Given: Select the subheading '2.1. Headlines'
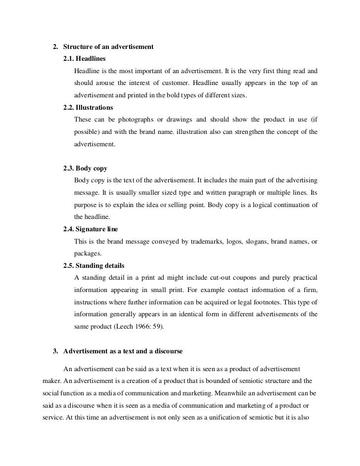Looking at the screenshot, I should (85, 59).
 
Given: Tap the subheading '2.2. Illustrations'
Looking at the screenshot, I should (88, 107).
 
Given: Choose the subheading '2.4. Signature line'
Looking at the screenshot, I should (90, 229).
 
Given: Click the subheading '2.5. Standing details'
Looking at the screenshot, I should (94, 265).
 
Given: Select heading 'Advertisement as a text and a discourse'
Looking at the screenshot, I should (123, 351).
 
